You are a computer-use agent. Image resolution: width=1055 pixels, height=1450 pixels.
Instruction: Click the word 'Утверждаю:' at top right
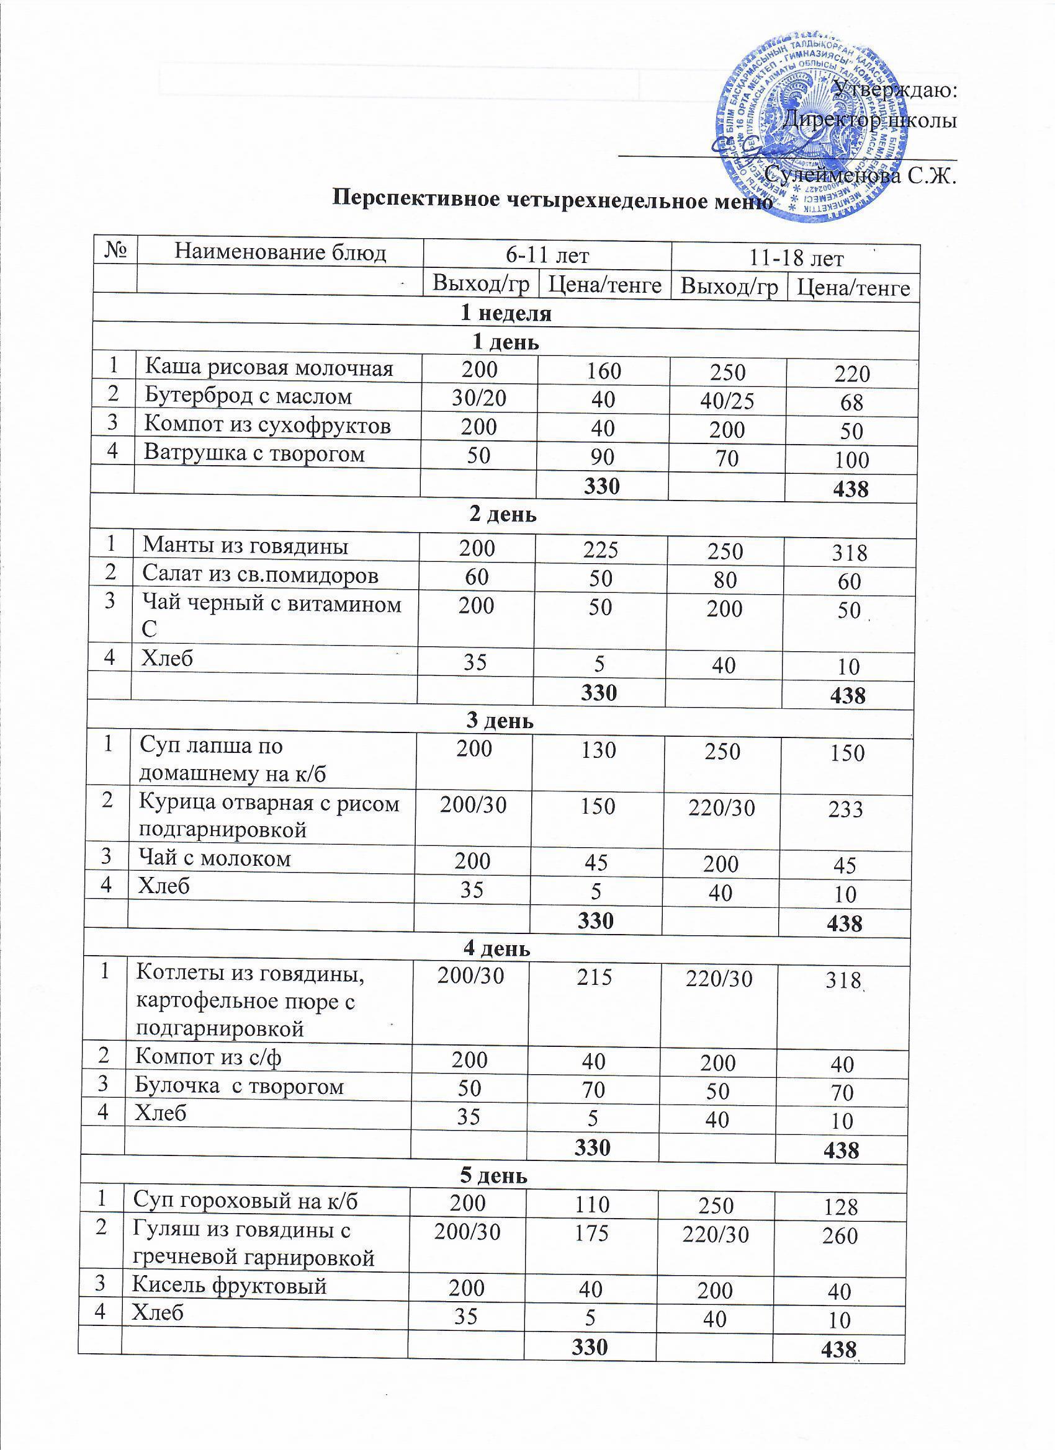pos(896,89)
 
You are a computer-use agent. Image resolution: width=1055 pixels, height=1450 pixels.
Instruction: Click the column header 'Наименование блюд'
pos(281,253)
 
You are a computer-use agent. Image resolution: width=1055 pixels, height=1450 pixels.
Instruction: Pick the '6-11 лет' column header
pos(547,255)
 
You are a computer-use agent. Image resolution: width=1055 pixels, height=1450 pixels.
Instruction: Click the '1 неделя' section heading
pos(506,313)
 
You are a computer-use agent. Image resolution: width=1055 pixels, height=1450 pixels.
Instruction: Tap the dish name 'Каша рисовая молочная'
pos(269,368)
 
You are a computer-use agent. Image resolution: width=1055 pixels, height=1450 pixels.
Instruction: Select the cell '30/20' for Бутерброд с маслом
pos(478,398)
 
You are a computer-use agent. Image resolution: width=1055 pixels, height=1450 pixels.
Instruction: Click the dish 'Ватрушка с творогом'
pos(254,453)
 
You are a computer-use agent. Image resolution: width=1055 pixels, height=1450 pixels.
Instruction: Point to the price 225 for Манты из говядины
pos(600,548)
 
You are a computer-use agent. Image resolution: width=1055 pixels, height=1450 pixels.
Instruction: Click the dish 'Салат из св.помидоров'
pos(260,574)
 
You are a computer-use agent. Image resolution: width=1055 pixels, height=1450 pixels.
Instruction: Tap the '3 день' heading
pos(500,721)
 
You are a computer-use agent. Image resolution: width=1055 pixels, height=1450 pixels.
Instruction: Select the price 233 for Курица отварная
pos(846,809)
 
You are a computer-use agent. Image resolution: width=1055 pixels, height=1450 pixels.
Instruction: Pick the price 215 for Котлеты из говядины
pos(595,976)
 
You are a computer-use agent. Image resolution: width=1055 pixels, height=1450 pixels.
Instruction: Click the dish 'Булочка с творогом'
pos(240,1085)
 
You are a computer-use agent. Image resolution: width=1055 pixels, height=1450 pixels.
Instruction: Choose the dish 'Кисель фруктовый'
pos(229,1285)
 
